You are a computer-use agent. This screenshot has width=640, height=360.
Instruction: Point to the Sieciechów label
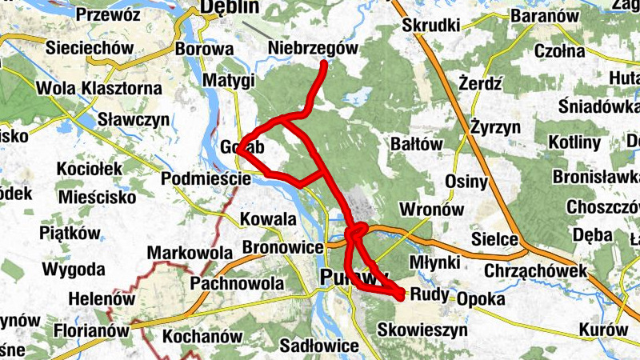tap(90, 48)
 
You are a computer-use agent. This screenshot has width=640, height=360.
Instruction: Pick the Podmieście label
tap(206, 178)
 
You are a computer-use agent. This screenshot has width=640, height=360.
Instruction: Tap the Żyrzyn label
tap(495, 126)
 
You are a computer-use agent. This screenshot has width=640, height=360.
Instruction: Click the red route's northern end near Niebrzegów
tap(324, 63)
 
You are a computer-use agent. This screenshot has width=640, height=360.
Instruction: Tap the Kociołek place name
tap(89, 169)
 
